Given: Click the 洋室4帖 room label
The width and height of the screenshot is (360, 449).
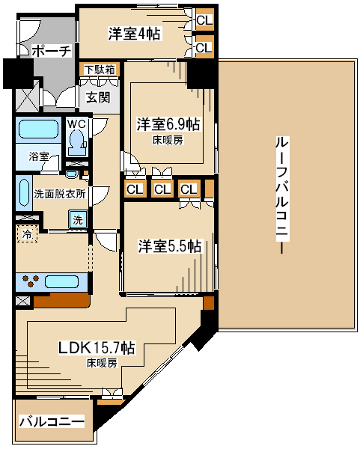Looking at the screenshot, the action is (x=134, y=34).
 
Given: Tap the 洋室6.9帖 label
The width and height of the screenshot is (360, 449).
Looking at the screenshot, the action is (x=168, y=124).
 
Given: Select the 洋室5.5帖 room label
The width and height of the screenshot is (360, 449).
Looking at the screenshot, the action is (x=170, y=246).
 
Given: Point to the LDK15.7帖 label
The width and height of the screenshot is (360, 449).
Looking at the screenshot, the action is (x=97, y=348).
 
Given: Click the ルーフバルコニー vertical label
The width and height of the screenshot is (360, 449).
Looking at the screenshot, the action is (x=282, y=195).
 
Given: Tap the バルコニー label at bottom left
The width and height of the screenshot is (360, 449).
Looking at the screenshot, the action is (x=52, y=421).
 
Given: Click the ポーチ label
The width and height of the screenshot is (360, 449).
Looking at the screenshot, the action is (x=51, y=51).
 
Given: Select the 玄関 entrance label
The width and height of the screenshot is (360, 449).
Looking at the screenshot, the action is (x=98, y=97).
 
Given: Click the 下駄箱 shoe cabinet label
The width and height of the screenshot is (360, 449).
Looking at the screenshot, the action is (x=100, y=70).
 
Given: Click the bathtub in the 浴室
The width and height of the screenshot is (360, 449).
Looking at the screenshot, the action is (x=39, y=129).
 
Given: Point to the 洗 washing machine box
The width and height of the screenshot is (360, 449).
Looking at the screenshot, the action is (x=78, y=219).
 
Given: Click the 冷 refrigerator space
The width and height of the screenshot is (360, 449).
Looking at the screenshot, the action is (x=27, y=234).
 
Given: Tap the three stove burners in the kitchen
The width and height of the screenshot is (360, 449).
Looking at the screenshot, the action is (x=31, y=281).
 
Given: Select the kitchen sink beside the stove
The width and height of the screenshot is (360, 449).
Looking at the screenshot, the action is (x=61, y=282).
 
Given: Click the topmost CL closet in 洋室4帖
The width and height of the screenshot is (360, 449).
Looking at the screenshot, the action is (x=204, y=20).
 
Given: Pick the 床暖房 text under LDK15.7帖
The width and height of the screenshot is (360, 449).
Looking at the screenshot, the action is (x=102, y=363).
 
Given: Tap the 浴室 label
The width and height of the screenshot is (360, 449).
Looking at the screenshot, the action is (x=39, y=156).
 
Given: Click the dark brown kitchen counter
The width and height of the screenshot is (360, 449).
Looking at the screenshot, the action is (x=62, y=301).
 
